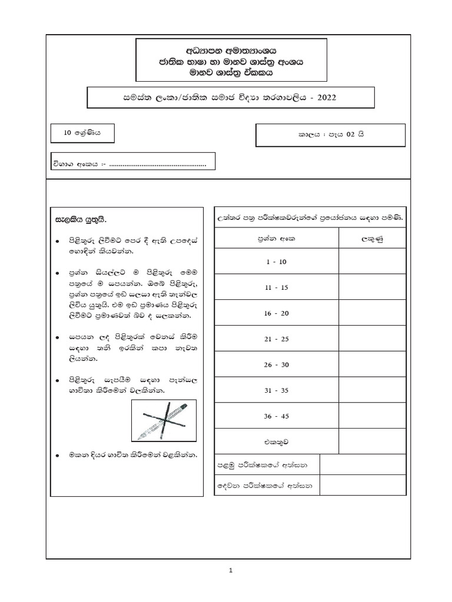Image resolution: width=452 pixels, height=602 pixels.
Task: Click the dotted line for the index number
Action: point(157,165)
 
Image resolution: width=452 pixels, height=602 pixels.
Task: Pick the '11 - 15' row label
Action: point(275,287)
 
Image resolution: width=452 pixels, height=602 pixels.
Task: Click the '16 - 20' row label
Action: point(275,313)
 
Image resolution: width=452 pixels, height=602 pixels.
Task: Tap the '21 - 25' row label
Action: point(275,339)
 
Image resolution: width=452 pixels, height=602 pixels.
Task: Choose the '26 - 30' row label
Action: point(275,365)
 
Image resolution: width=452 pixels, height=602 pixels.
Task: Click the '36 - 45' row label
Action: point(275,416)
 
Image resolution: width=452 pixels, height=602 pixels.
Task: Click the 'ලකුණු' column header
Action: point(372,239)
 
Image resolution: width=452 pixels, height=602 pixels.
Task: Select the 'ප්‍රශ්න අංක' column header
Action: point(275,239)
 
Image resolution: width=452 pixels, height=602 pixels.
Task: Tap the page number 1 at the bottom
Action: point(231,570)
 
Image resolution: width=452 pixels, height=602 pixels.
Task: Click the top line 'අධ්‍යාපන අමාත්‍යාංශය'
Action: point(231,50)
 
